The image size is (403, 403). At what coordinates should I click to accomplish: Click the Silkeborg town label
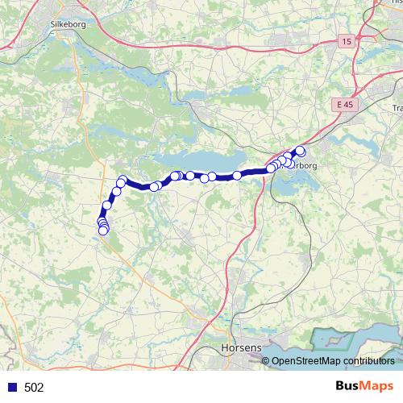point(67,24)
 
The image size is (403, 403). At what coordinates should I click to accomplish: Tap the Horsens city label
point(240,347)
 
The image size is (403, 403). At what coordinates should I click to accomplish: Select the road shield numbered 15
point(347,41)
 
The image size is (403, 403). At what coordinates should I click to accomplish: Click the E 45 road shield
point(346,105)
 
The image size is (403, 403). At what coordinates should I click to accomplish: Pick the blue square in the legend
point(12,388)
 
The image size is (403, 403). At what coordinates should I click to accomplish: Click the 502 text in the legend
point(34,388)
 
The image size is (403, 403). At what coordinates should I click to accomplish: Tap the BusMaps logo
point(364,386)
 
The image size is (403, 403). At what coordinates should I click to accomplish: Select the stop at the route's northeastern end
point(301,150)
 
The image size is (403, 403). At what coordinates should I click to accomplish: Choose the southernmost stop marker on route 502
point(103,231)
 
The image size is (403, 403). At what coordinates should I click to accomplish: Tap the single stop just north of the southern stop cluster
point(106,206)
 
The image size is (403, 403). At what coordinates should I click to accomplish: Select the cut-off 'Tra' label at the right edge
point(397,108)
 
